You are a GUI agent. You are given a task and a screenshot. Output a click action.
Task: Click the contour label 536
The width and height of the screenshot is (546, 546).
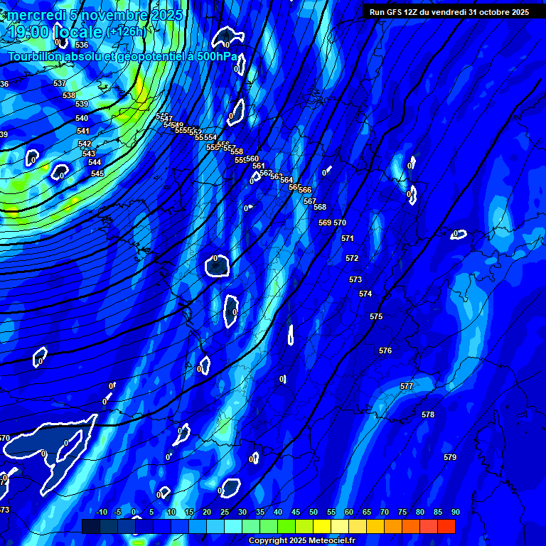click(82, 45)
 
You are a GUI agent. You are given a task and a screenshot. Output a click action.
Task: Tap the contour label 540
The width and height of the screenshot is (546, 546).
click(82, 118)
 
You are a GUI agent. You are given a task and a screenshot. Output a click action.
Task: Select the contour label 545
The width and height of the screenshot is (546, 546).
click(97, 173)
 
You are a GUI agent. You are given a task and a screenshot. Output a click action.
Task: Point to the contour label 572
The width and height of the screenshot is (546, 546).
click(352, 258)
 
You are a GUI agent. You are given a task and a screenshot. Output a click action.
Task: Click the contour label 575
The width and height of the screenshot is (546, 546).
click(376, 316)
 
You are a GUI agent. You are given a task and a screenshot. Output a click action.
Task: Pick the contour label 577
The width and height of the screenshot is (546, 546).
click(407, 386)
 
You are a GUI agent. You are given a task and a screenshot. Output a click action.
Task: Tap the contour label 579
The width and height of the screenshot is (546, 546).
click(450, 457)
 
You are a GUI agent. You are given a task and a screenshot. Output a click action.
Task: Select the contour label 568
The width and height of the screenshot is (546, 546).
click(320, 207)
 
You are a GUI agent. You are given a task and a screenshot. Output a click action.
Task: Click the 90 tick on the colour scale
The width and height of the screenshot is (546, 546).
click(455, 512)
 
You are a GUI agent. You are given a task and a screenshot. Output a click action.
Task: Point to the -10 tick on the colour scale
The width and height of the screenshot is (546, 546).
click(101, 512)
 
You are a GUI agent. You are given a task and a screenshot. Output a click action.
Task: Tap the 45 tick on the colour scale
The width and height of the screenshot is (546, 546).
click(296, 512)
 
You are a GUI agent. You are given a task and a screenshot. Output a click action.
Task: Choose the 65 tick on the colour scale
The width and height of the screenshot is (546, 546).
click(367, 512)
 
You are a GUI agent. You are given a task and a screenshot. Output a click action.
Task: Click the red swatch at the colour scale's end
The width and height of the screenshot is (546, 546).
click(446, 526)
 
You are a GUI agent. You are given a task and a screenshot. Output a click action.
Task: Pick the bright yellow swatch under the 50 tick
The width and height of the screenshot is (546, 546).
click(322, 526)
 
